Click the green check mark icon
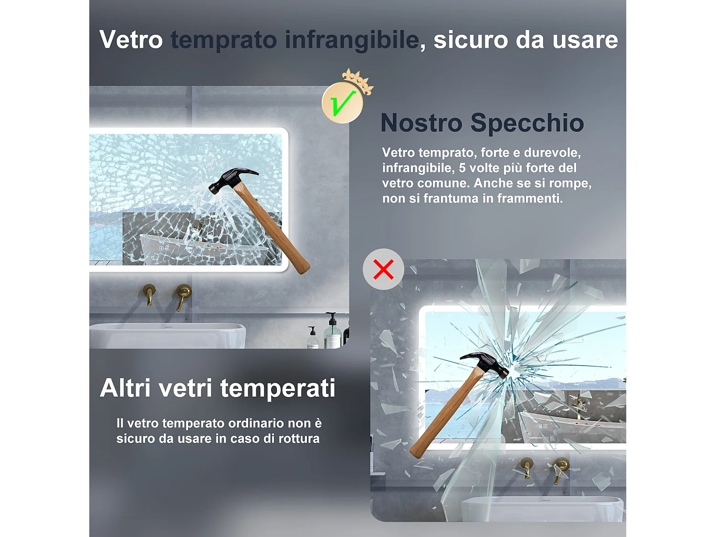[x=342, y=103]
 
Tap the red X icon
[x=383, y=269]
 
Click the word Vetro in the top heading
[x=131, y=40]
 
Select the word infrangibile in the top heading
[x=352, y=40]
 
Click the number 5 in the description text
[x=462, y=168]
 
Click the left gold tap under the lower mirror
[x=526, y=467]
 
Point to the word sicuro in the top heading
[x=470, y=40]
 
